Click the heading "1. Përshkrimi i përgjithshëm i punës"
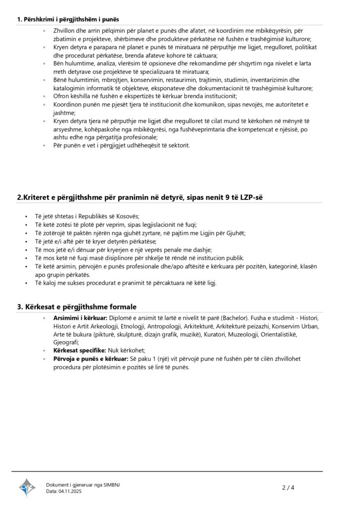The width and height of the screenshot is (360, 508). coord(68,19)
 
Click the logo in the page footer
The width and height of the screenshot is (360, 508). coord(27,488)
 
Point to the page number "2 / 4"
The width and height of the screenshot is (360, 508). coord(288,488)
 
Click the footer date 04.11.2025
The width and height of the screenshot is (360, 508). coord(70,491)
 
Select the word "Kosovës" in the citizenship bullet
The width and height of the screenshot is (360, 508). coord(128,216)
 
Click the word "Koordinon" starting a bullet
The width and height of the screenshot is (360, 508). coord(70,104)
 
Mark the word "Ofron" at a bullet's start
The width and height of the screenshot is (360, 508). coord(62,96)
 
